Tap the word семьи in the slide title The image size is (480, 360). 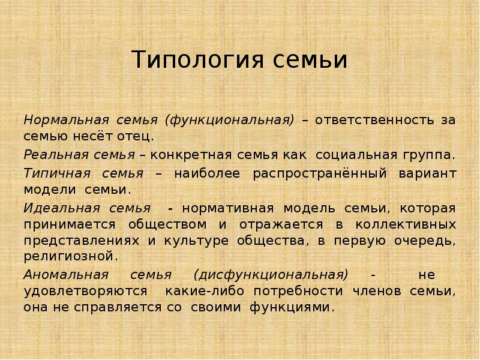click(x=310, y=61)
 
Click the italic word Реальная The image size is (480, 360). click(x=50, y=155)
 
